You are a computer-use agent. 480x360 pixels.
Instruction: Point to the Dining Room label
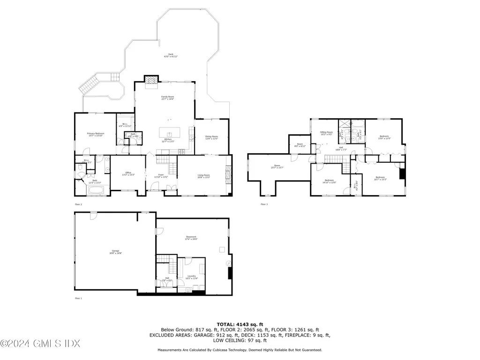[x=211, y=138]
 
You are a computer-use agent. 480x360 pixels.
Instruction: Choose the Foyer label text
[x=161, y=176]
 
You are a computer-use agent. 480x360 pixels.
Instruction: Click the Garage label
[x=115, y=251]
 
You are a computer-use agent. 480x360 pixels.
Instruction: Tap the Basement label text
[x=191, y=238]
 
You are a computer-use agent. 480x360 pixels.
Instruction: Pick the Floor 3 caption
[x=264, y=204]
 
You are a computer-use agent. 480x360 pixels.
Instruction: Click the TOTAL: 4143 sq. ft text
[x=240, y=324]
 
